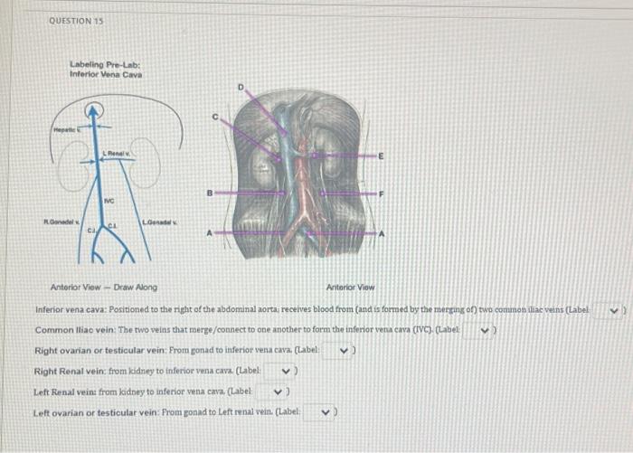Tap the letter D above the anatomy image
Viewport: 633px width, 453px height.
click(x=241, y=87)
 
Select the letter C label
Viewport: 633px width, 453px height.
click(x=215, y=118)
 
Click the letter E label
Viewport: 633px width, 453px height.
click(x=383, y=156)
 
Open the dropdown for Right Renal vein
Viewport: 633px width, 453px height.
click(x=288, y=372)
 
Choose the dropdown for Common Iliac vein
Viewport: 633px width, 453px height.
click(x=488, y=330)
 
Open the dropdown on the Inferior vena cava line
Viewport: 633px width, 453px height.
click(x=614, y=309)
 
